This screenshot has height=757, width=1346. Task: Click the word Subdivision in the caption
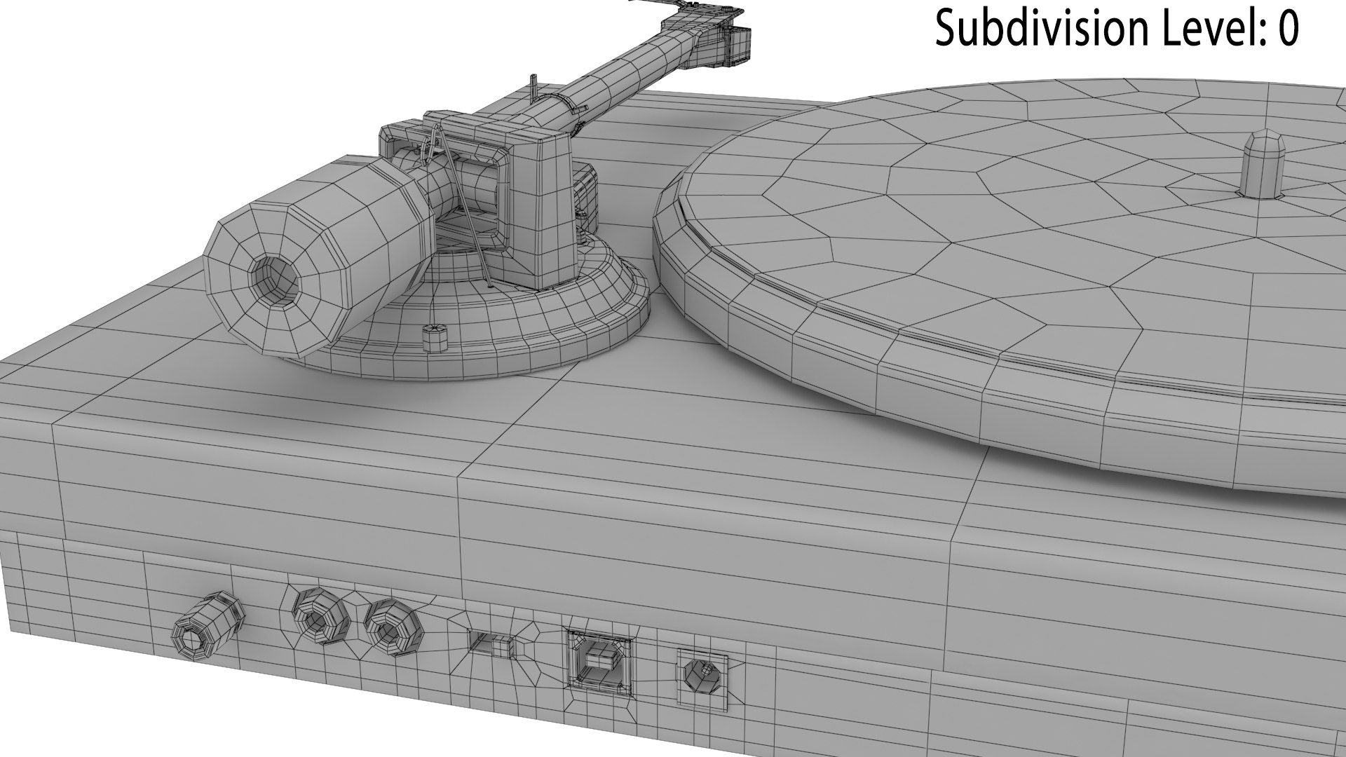click(x=1041, y=29)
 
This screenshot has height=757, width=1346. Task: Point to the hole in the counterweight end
click(x=274, y=282)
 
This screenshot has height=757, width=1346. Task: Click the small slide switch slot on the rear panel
click(x=491, y=643)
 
